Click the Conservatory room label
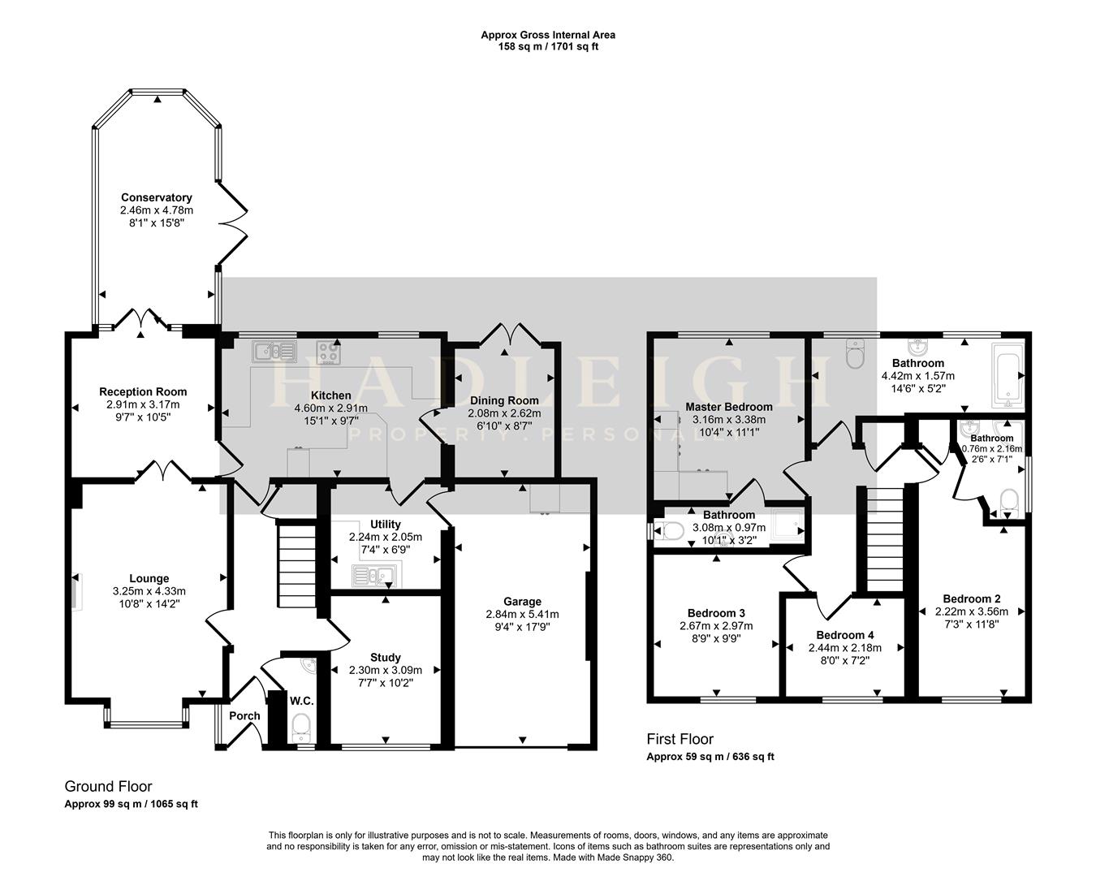[x=156, y=197]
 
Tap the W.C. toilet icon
[x=301, y=724]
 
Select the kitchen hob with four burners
[x=329, y=353]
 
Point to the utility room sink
[x=373, y=577]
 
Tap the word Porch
[x=244, y=715]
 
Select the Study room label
[x=385, y=657]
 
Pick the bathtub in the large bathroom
[x=1006, y=375]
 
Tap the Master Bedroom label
[x=728, y=407]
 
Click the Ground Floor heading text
[x=108, y=786]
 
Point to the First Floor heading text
[x=680, y=739]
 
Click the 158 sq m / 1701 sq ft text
[x=548, y=47]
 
